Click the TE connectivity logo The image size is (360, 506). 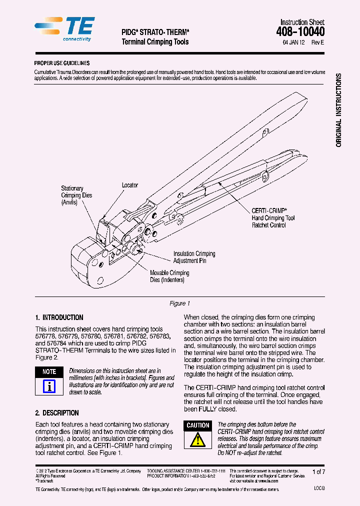pyautogui.click(x=64, y=29)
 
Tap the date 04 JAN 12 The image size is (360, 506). pyautogui.click(x=293, y=43)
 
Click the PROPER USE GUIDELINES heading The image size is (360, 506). pyautogui.click(x=61, y=63)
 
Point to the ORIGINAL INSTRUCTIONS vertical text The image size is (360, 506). pyautogui.click(x=338, y=110)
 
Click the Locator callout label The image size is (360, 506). pyautogui.click(x=130, y=185)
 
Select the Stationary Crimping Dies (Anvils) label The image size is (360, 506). pyautogui.click(x=76, y=195)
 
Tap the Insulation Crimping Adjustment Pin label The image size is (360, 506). pyautogui.click(x=194, y=257)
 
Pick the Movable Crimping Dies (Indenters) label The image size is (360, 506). pyautogui.click(x=169, y=276)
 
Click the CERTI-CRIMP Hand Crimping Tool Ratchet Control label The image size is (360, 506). pyautogui.click(x=273, y=218)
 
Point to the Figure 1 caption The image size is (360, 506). pyautogui.click(x=180, y=303)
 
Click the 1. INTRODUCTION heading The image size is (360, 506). pyautogui.click(x=59, y=317)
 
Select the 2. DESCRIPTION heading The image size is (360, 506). pyautogui.click(x=57, y=413)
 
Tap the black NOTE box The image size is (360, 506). pyautogui.click(x=49, y=371)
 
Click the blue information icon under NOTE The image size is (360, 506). pyautogui.click(x=49, y=386)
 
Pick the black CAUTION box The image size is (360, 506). pyautogui.click(x=198, y=425)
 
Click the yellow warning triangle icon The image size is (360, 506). pyautogui.click(x=198, y=440)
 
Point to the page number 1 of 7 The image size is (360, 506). pyautogui.click(x=318, y=472)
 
